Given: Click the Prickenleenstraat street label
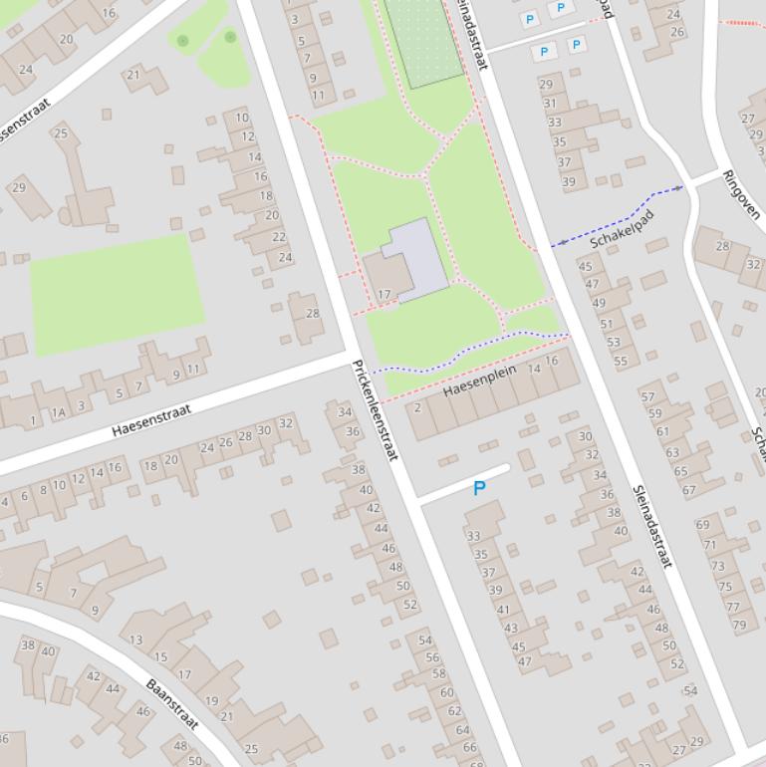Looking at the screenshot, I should [375, 409].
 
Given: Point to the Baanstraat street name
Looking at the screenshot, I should [172, 704].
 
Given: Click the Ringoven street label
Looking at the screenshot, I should [742, 193].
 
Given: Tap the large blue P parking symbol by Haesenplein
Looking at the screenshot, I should [479, 489].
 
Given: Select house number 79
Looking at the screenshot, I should [739, 626].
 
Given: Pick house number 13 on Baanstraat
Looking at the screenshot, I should [135, 640].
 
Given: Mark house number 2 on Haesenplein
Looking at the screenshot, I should [417, 407].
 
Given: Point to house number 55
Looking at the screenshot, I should [621, 362].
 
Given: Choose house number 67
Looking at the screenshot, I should [688, 490].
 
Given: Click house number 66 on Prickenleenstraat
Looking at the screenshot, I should [469, 747].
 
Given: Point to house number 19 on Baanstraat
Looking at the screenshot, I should [211, 701].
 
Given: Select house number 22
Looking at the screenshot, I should [279, 237].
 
